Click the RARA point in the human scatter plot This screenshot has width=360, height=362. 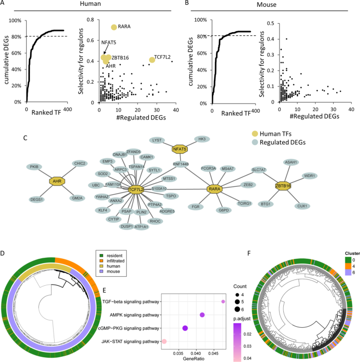[114, 27]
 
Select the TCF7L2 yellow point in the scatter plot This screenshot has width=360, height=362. [152, 60]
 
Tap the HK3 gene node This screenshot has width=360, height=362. [201, 139]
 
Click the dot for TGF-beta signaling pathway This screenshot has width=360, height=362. [223, 301]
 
